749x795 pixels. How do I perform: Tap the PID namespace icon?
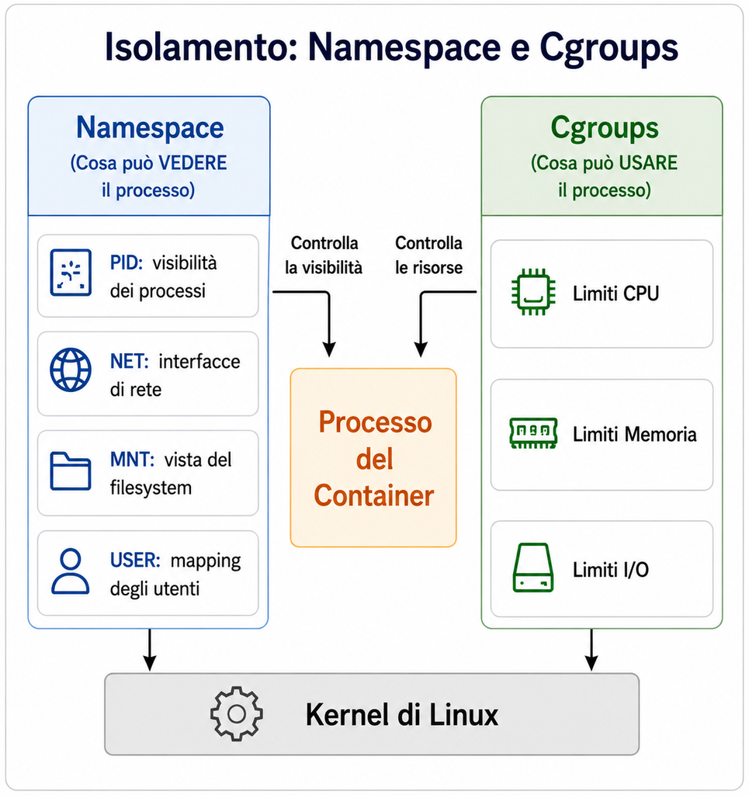pos(71,273)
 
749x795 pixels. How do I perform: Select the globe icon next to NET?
pos(71,370)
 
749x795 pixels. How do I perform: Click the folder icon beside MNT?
pos(71,471)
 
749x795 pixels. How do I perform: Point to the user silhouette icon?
pos(71,571)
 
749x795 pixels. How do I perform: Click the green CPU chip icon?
pos(533,292)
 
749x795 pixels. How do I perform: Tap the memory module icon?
pos(533,433)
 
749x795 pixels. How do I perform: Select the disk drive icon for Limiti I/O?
pos(533,568)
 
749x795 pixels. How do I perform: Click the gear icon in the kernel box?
pos(237,714)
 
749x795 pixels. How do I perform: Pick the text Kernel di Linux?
pos(402,715)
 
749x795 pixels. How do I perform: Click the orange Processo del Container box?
pos(373,458)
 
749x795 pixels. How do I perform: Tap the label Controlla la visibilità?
pos(324,255)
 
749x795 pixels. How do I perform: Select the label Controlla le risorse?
pos(428,255)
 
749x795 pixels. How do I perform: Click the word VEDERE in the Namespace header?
pos(192,163)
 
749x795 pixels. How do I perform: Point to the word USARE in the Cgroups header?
pos(648,163)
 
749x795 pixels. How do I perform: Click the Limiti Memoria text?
pos(634,435)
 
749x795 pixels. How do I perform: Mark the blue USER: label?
pos(135,561)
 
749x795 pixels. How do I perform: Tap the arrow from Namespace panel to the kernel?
pos(150,650)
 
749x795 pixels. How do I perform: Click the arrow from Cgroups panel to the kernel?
pos(591,650)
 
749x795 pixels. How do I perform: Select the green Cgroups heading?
pos(605,128)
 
